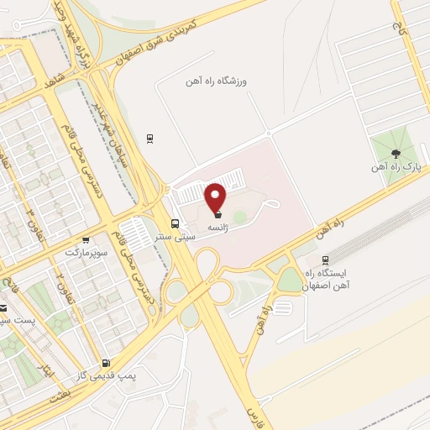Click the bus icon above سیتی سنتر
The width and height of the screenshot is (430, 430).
(x=175, y=223)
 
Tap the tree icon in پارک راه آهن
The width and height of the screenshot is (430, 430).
(x=394, y=153)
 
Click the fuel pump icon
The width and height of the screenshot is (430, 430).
(x=105, y=364)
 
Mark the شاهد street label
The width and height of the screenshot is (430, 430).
(x=56, y=77)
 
